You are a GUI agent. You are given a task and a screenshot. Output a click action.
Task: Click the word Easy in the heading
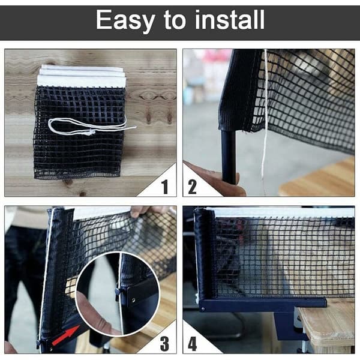click(x=125, y=20)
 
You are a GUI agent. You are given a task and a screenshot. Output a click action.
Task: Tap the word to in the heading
click(x=175, y=20)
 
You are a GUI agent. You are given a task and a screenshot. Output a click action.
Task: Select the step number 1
click(x=164, y=187)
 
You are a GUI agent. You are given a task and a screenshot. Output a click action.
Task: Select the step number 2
click(x=192, y=187)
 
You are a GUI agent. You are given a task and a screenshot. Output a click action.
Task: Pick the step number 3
click(x=164, y=344)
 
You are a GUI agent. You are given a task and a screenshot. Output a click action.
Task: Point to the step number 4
click(x=193, y=344)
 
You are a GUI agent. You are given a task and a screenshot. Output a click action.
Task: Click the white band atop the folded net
click(x=82, y=76)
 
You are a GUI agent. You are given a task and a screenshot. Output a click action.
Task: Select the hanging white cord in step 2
click(x=265, y=115)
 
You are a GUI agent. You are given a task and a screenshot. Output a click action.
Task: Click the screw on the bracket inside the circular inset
click(x=133, y=299)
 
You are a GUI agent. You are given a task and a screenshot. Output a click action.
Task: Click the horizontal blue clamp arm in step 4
click(x=263, y=304)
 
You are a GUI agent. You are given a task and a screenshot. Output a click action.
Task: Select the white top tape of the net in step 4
click(x=280, y=212)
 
